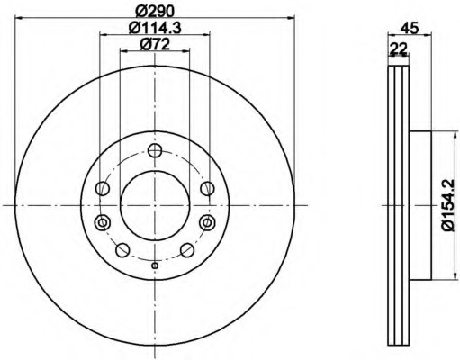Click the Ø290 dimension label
[x=155, y=11]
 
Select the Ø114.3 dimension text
[x=155, y=28]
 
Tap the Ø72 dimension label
[x=155, y=44]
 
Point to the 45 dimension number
[x=410, y=28]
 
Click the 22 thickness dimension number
[x=398, y=48]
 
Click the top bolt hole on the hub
[x=155, y=150]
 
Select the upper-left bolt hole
[x=103, y=188]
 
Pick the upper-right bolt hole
[x=207, y=188]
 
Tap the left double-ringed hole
[x=103, y=222]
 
